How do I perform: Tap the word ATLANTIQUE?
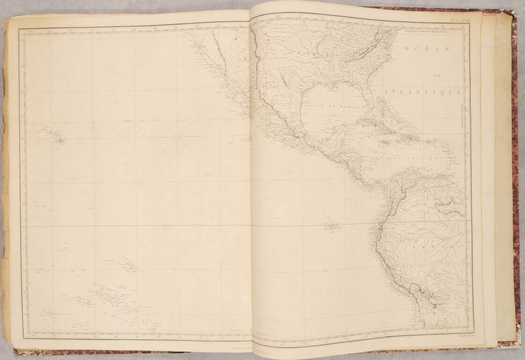pos(422,93)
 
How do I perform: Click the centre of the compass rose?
pos(177,137)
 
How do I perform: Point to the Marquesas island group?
pos(129,264)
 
